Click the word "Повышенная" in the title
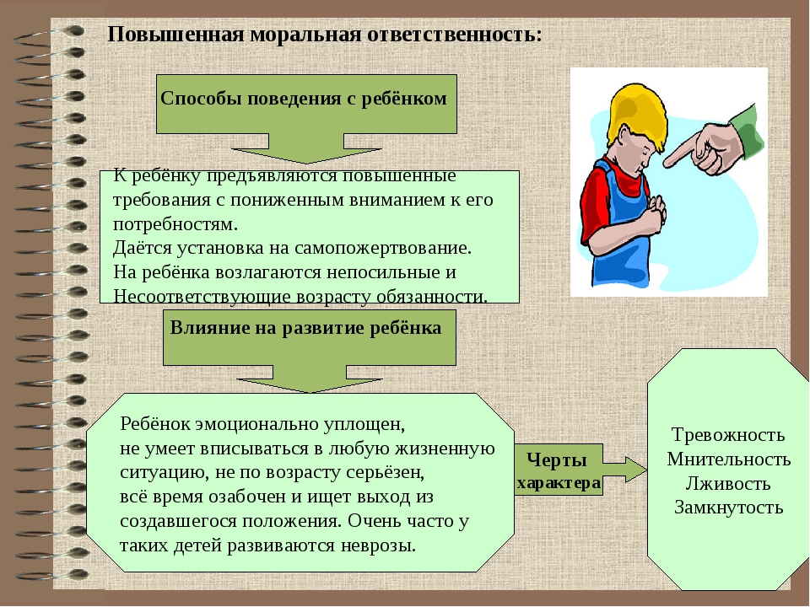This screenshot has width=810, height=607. [x=175, y=35]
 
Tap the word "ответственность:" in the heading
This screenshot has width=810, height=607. [x=455, y=35]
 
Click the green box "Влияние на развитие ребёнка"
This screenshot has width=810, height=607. [x=309, y=337]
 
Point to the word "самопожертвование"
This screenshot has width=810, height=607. [x=381, y=248]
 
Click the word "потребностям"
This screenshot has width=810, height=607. [x=175, y=224]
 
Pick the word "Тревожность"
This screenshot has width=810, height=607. [x=728, y=435]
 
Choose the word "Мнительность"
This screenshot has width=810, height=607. [x=728, y=459]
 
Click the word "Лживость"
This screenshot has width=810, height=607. [x=728, y=483]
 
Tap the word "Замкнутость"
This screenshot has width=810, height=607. [x=728, y=508]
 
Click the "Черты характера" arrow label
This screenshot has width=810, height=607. [x=559, y=470]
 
